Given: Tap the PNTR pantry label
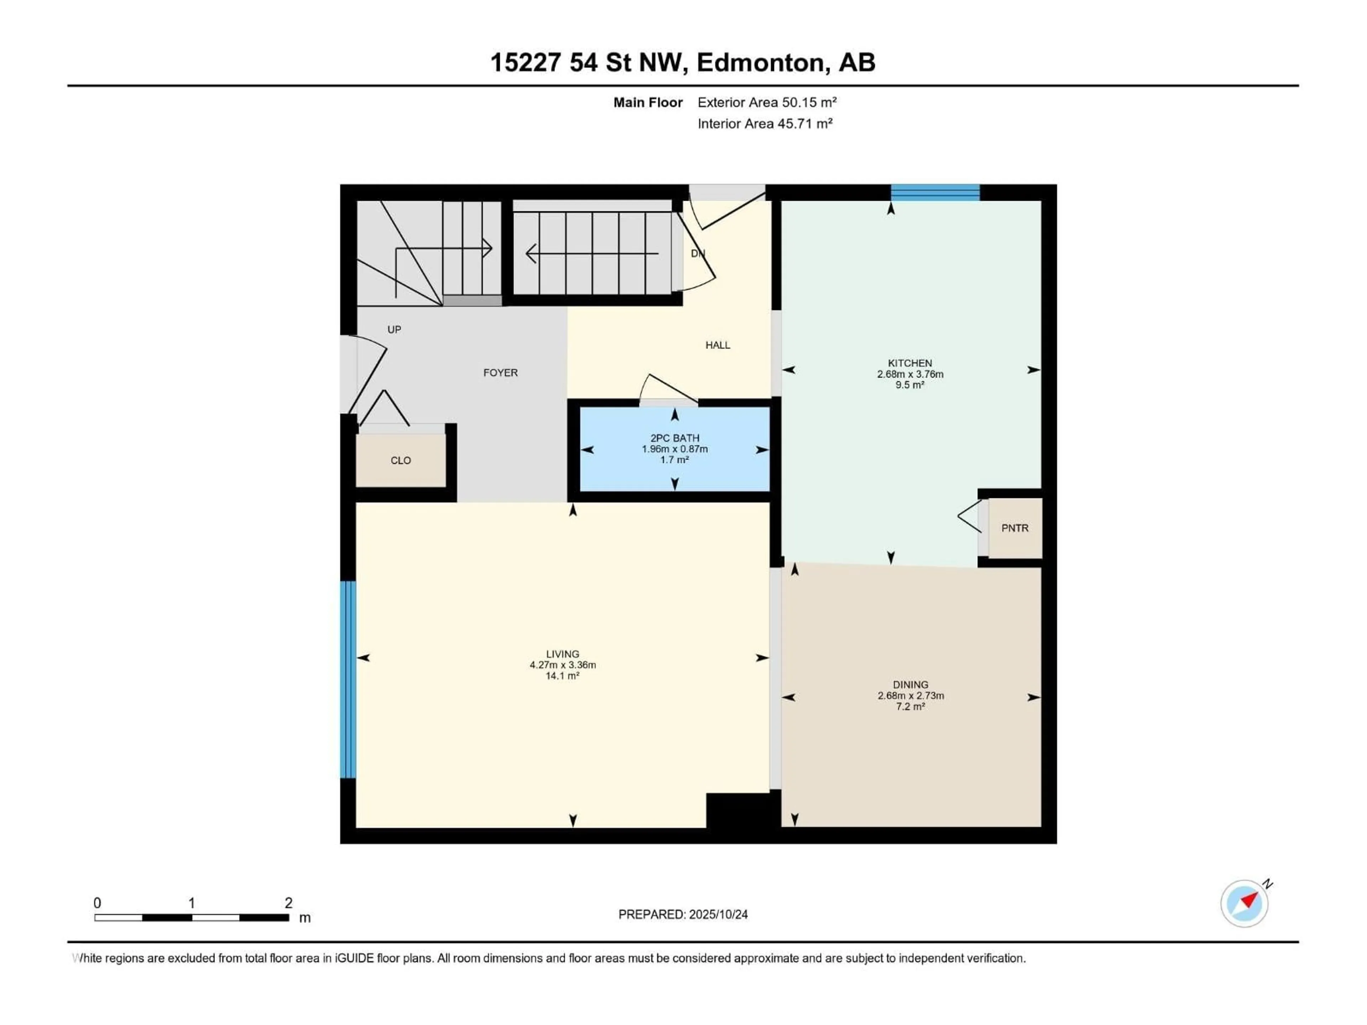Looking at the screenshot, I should tap(1015, 528).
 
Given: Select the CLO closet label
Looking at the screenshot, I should tap(400, 460).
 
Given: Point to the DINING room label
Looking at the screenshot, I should tap(910, 684).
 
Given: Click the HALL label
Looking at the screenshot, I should tap(717, 345).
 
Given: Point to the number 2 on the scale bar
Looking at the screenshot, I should tap(288, 903).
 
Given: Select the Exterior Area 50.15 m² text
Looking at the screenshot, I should tap(766, 102).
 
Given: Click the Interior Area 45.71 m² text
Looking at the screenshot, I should tap(764, 123).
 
